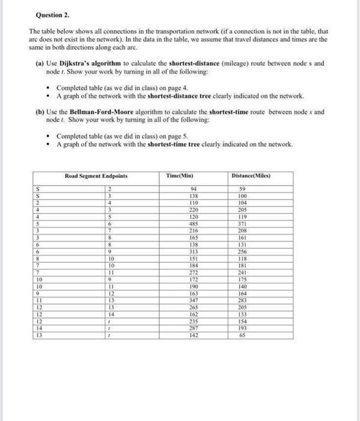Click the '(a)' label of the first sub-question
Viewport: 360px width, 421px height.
coord(40,63)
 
